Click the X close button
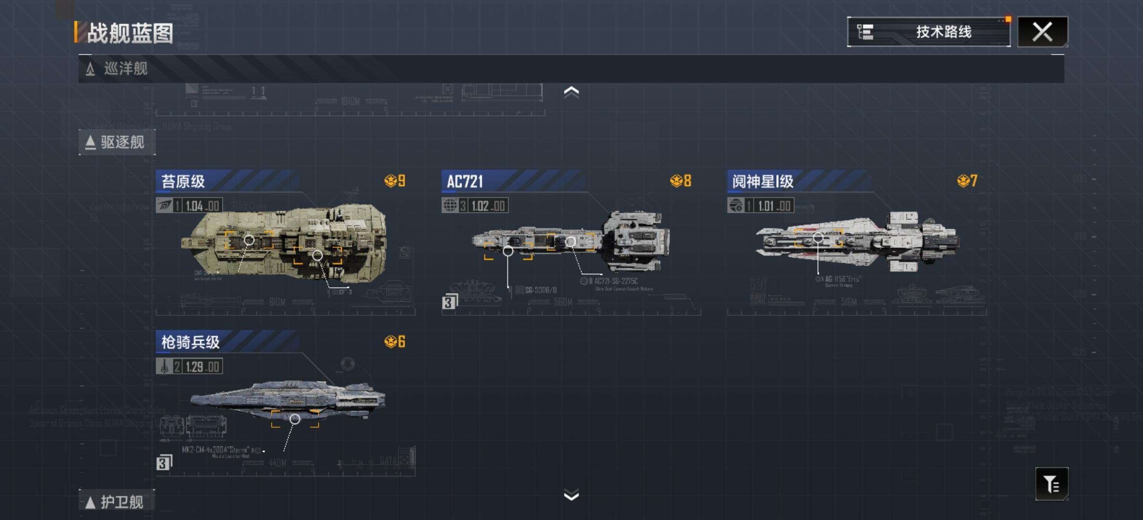tap(1042, 32)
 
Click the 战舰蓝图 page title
tap(130, 33)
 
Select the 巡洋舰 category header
tap(126, 69)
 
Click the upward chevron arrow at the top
tap(571, 92)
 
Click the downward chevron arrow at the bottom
tap(571, 495)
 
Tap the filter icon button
tap(1052, 484)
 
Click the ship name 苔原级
tap(183, 182)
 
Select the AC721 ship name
tap(465, 182)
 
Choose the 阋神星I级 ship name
tap(762, 182)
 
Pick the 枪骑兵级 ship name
tap(190, 342)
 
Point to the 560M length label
tap(563, 302)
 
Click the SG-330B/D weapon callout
tap(540, 290)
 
